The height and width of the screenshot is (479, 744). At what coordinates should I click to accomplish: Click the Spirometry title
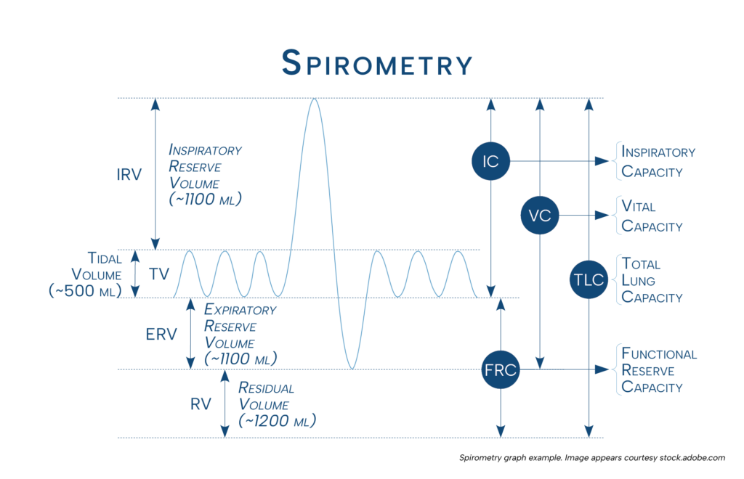[x=377, y=63]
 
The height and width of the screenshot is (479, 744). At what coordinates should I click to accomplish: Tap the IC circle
[x=490, y=161]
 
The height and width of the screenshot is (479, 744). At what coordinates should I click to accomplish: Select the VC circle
[x=540, y=215]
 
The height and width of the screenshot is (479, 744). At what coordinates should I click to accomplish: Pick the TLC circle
[x=588, y=279]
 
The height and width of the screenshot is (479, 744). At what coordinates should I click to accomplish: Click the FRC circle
[x=500, y=370]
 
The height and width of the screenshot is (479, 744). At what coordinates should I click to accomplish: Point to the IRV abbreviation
[x=129, y=175]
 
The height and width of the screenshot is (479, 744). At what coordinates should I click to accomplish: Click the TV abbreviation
[x=158, y=274]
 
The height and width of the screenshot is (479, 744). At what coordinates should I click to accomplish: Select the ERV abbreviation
[x=161, y=335]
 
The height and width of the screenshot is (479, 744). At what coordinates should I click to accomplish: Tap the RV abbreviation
[x=201, y=404]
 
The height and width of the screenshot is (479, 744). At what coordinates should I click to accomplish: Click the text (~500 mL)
[x=80, y=290]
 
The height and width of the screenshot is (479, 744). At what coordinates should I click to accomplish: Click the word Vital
[x=639, y=207]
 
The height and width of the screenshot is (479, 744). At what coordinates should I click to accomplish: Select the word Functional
[x=659, y=354]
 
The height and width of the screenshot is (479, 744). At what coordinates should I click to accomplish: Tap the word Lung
[x=639, y=281]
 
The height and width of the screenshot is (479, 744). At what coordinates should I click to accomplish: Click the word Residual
[x=266, y=388]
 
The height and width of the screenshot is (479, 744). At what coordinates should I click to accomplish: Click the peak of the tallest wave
[x=314, y=98]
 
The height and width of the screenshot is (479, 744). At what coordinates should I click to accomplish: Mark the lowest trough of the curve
[x=352, y=369]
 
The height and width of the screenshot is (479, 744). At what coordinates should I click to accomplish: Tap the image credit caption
[x=592, y=458]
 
